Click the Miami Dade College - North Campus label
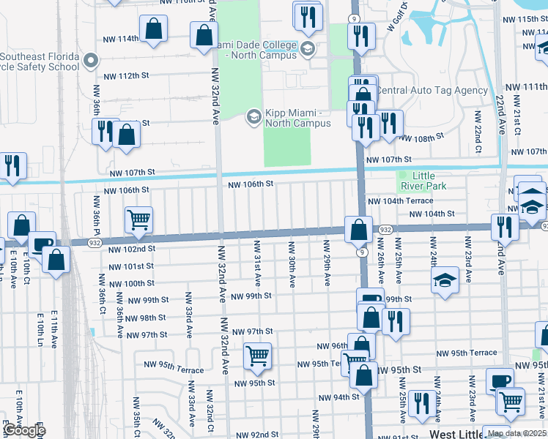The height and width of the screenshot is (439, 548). point(257,50)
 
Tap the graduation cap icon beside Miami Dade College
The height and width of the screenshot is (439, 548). point(308,50)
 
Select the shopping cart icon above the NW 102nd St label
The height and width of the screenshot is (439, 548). point(138,219)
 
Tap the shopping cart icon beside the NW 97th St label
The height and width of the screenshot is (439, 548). point(257,356)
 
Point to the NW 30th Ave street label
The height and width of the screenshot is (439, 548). point(292,263)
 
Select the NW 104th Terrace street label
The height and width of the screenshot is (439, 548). point(400,200)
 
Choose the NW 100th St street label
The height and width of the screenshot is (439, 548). point(129,283)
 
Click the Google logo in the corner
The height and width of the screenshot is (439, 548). point(24,430)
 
